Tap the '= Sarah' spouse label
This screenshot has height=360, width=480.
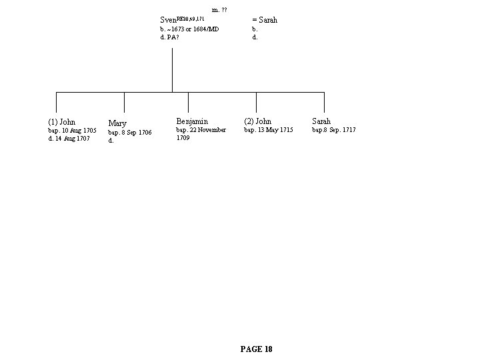(264, 20)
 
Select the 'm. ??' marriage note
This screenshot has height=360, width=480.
(219, 9)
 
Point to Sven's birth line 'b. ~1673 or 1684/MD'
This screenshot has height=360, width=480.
(189, 29)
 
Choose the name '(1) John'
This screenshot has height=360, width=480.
(61, 122)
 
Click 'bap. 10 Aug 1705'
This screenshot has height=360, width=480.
(72, 131)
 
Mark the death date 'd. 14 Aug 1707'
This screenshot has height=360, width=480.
(69, 139)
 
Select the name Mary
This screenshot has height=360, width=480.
(117, 123)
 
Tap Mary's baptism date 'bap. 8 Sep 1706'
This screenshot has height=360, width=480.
(130, 133)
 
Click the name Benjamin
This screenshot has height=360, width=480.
(192, 121)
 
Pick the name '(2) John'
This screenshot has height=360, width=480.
(257, 121)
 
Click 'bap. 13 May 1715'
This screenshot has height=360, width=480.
(269, 130)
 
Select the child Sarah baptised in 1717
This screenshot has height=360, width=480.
(321, 121)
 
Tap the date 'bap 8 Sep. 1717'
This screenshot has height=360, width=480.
(334, 130)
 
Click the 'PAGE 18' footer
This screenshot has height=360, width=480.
(256, 349)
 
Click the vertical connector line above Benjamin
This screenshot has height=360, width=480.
(188, 101)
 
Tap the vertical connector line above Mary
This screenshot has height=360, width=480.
(124, 101)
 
